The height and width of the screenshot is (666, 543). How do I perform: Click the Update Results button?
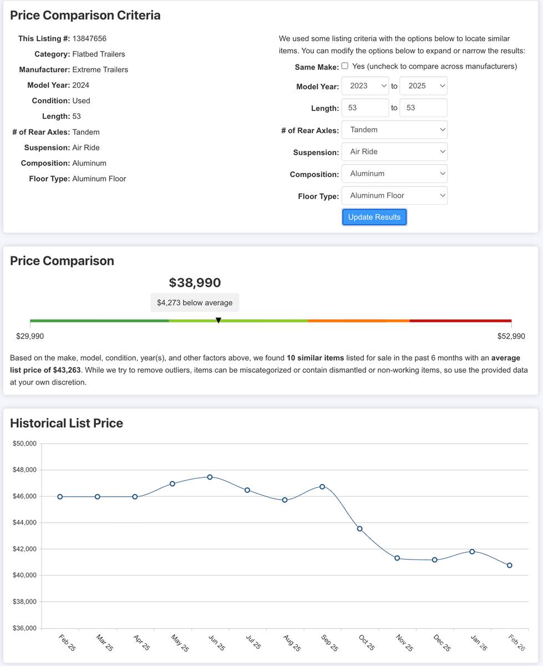[374, 217]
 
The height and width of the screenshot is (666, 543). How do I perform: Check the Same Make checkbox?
[345, 66]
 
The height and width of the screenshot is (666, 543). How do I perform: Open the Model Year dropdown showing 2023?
[365, 86]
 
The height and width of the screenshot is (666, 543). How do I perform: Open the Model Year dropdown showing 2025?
[423, 86]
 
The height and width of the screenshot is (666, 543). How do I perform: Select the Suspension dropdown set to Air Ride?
[394, 152]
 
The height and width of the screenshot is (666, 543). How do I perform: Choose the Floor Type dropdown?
[394, 195]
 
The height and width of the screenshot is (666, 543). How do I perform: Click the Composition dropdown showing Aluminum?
[394, 174]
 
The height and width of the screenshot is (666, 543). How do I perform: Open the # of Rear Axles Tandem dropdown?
[394, 130]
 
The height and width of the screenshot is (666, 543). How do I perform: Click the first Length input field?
[365, 108]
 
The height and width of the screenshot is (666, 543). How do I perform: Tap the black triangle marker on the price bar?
[219, 320]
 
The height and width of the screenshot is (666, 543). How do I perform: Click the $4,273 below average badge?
[195, 302]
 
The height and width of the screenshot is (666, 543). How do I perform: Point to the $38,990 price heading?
[195, 282]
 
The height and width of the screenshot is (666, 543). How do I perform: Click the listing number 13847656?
[89, 38]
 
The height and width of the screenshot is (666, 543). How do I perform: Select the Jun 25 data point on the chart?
[210, 477]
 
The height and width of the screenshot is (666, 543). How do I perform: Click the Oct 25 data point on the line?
[359, 529]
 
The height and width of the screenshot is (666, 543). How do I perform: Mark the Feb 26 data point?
[509, 566]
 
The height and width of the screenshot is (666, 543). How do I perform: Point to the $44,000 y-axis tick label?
[24, 523]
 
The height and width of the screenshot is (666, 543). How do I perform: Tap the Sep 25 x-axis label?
[329, 643]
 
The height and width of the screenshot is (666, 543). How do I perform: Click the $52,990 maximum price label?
[511, 336]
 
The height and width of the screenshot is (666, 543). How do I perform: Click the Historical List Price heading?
[67, 423]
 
